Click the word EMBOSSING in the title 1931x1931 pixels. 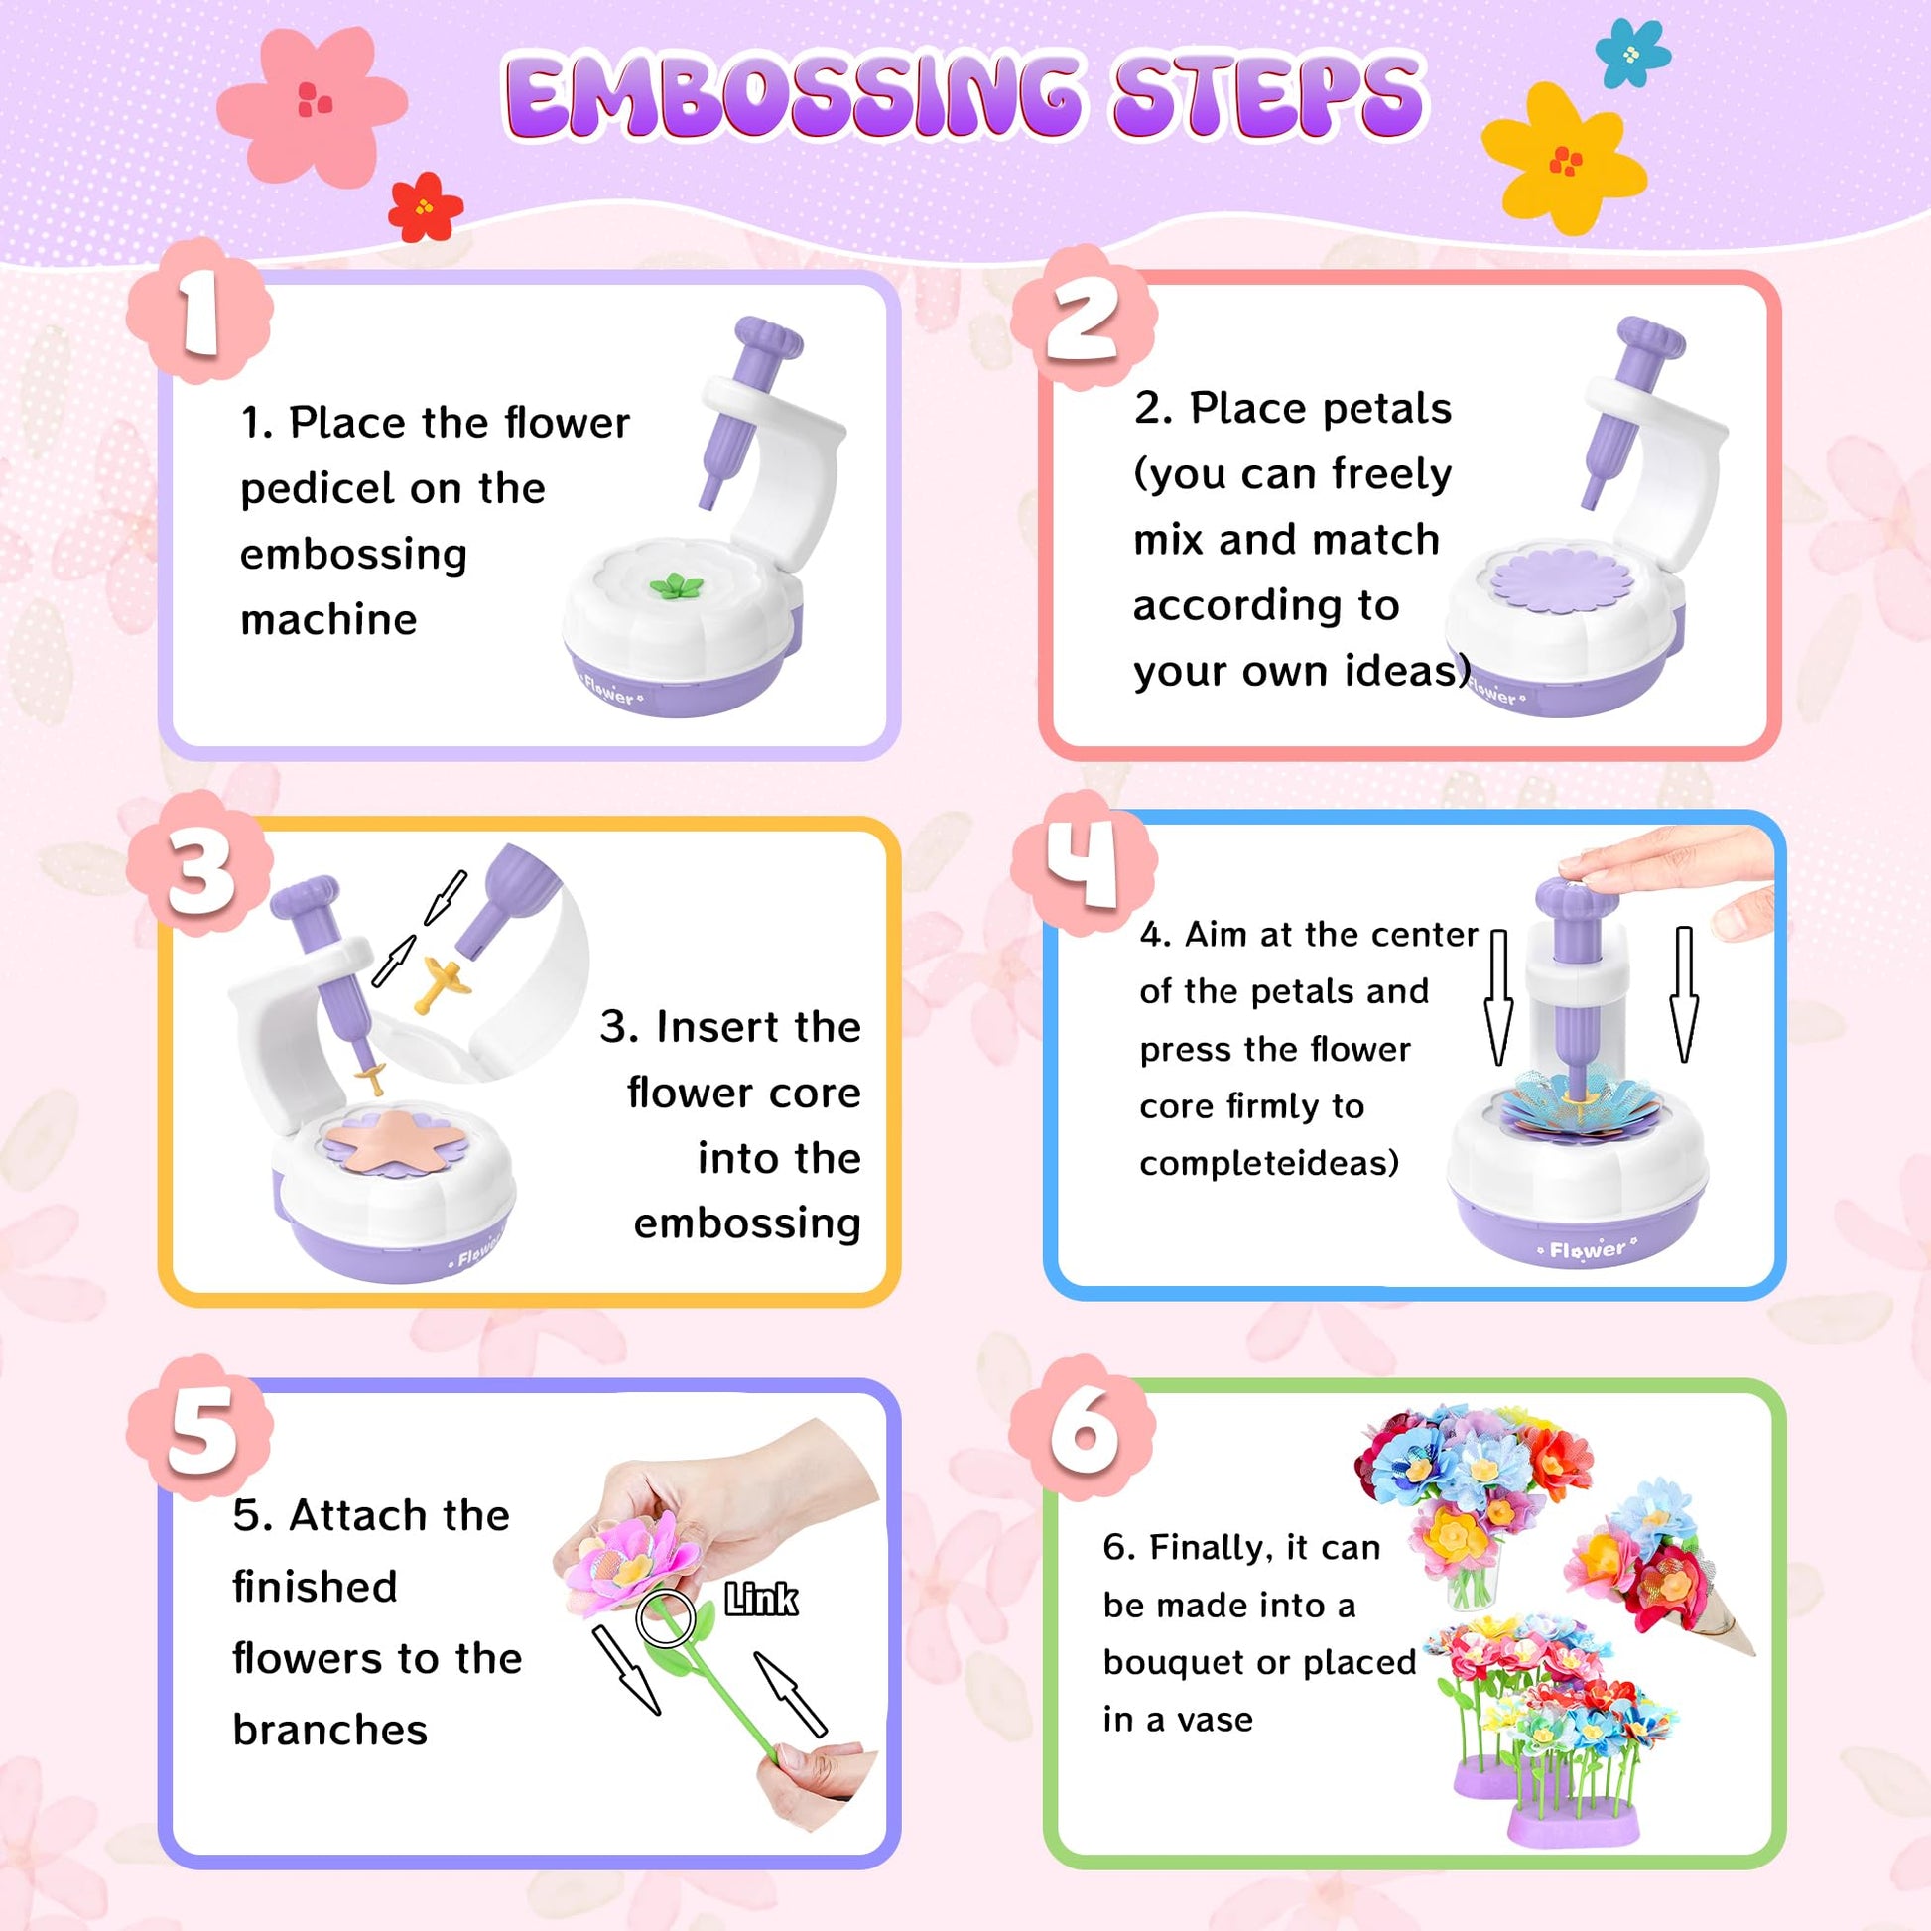(x=793, y=96)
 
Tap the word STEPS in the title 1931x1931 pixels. (x=1267, y=96)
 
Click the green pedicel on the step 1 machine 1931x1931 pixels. (x=677, y=586)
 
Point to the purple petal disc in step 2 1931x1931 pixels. (x=1561, y=582)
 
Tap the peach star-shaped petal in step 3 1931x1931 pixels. (x=396, y=1138)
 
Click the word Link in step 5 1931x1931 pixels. (x=761, y=1600)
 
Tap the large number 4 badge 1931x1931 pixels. (x=1085, y=861)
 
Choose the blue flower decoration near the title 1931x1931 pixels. (x=1632, y=52)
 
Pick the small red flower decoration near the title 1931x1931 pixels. (x=426, y=206)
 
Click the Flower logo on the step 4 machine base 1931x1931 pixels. (x=1588, y=1249)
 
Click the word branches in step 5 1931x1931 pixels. (x=329, y=1731)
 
